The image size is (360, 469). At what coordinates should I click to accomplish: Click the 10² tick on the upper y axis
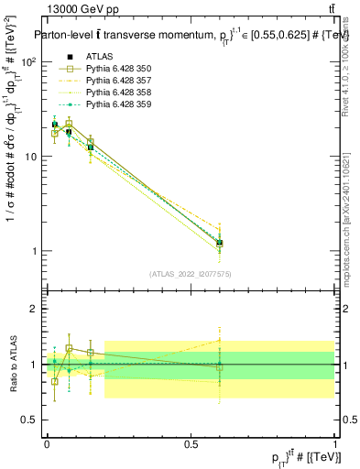point(30,61)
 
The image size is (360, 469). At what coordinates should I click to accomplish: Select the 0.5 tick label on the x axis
point(191,442)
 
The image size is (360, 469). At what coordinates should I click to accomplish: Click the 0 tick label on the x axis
point(47,442)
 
